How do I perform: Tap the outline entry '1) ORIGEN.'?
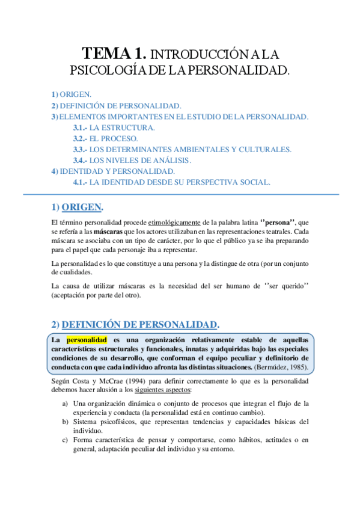(72, 94)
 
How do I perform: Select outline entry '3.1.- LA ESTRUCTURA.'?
(114, 127)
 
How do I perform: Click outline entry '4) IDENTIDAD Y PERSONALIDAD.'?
(113, 171)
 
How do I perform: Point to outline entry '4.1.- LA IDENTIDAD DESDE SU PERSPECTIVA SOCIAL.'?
(171, 182)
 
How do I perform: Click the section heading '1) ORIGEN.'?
(78, 207)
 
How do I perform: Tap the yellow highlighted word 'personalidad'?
(87, 340)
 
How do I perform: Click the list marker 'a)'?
(65, 404)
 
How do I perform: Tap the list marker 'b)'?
(65, 422)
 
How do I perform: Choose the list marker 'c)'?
(65, 440)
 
